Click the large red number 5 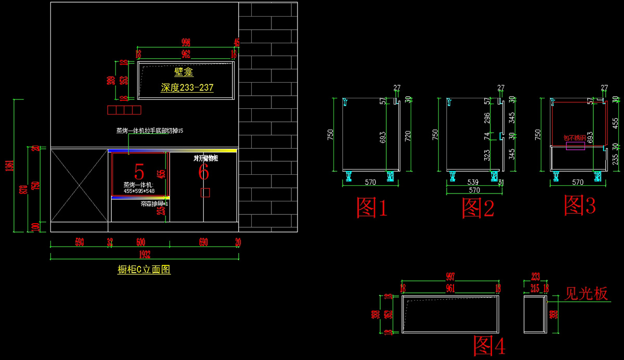tap(139, 171)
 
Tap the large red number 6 tap(203, 172)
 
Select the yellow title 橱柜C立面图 tap(144, 269)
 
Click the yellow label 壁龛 tap(184, 73)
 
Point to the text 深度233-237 tap(187, 87)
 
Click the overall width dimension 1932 tap(144, 254)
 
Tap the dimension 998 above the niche tap(186, 42)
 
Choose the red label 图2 tap(478, 207)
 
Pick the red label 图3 tap(580, 206)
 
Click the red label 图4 tap(489, 345)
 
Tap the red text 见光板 tap(586, 294)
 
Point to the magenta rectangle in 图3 tap(575, 146)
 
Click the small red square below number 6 tap(205, 193)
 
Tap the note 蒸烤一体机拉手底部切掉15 tap(150, 131)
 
